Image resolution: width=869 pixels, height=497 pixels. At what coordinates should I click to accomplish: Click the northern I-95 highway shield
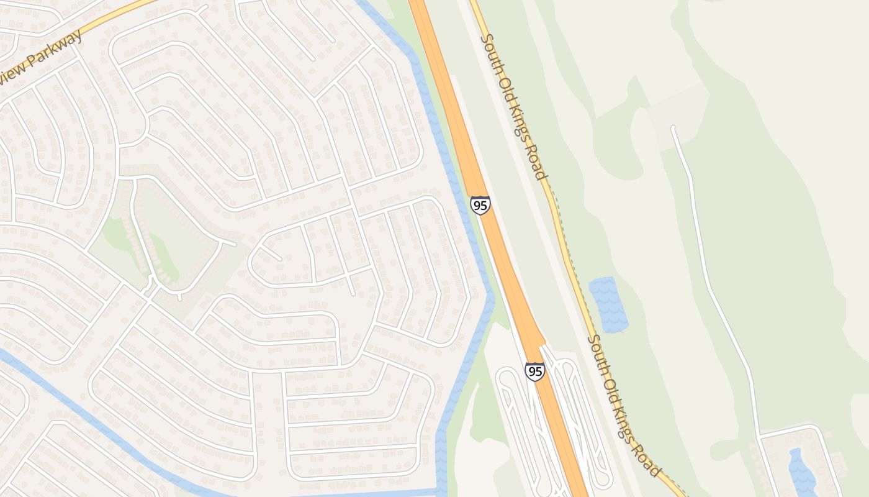tap(480, 205)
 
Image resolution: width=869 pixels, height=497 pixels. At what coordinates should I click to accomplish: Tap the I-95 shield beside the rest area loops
tap(534, 372)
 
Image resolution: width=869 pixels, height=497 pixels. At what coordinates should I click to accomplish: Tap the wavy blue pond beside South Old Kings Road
tap(608, 304)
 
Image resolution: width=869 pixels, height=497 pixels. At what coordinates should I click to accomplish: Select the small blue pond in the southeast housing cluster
tap(801, 472)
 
